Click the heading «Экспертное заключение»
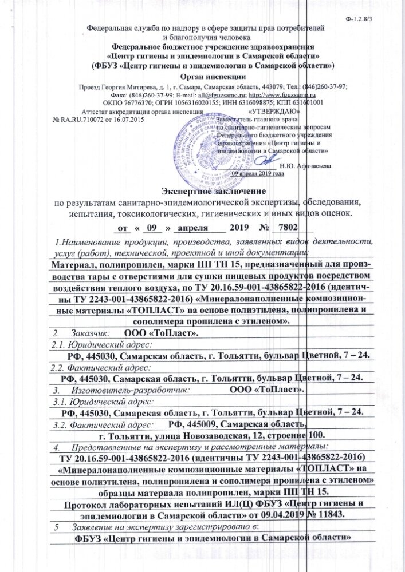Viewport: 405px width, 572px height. [202, 189]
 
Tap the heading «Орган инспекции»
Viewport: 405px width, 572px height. [202, 76]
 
